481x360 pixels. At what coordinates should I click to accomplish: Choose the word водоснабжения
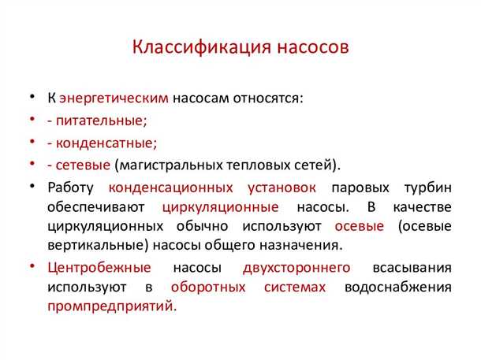click(x=397, y=287)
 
